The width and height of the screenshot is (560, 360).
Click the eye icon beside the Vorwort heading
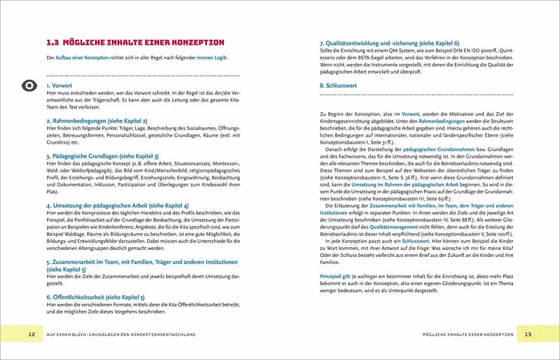pos(29,85)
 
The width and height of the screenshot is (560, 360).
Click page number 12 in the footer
pos(31,335)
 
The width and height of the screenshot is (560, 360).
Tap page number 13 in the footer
pos(529,335)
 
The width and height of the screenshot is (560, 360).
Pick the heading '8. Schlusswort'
pos(339,85)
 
